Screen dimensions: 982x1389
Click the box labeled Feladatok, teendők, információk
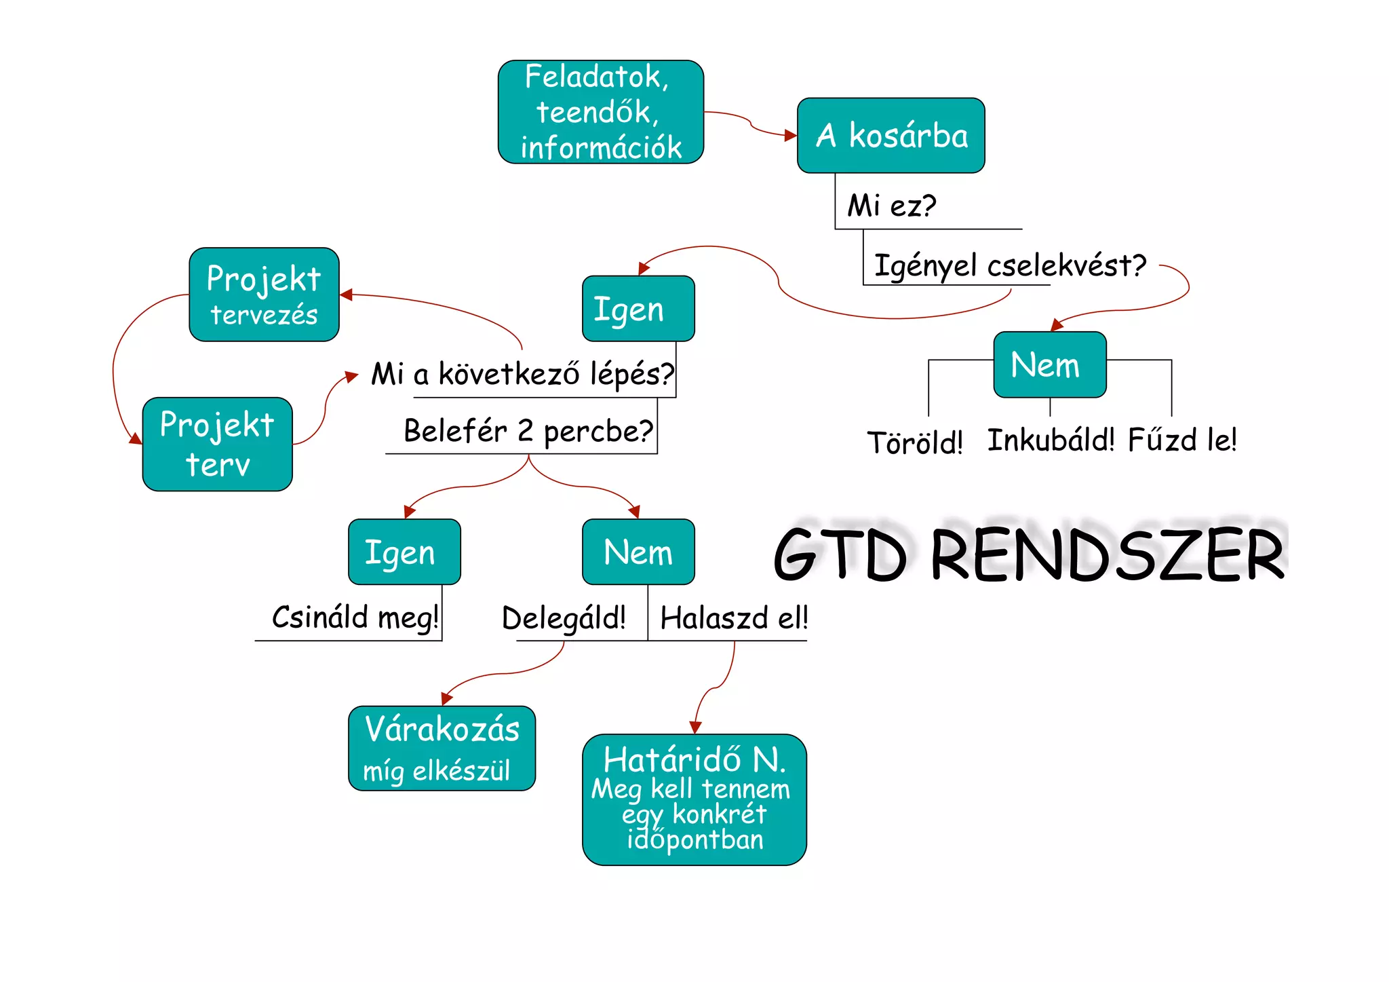(600, 112)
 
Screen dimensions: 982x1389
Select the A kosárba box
(891, 136)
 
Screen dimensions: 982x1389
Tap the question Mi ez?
(891, 206)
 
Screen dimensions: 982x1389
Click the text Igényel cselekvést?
(1009, 265)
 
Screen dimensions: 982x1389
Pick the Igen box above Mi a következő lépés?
(638, 309)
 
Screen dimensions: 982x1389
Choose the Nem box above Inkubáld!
(1049, 364)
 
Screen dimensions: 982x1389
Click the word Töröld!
(914, 442)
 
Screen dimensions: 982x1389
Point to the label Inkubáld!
(1050, 440)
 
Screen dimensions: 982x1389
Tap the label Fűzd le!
(1181, 440)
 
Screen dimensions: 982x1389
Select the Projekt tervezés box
(264, 295)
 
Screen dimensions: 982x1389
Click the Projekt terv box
(217, 445)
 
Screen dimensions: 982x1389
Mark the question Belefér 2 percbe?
(528, 431)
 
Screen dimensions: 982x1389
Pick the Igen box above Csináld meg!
(404, 552)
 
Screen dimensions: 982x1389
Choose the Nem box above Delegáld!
(638, 552)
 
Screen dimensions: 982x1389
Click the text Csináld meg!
(355, 618)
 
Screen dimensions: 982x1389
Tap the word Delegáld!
(563, 618)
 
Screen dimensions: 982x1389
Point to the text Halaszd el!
(733, 618)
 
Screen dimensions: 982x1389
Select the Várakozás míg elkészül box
(442, 749)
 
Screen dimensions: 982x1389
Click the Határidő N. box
(694, 799)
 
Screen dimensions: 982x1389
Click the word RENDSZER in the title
(1107, 555)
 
